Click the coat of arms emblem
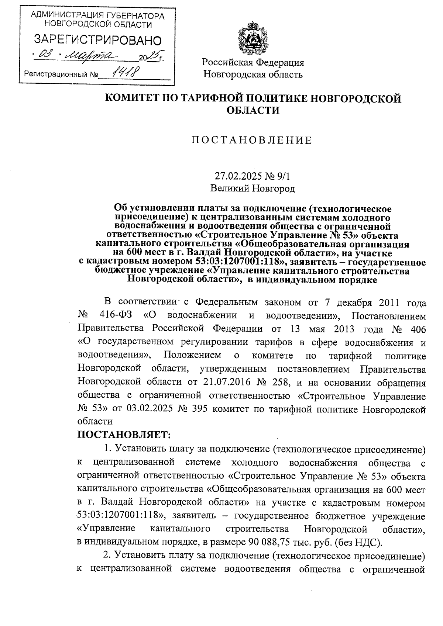[x=253, y=39]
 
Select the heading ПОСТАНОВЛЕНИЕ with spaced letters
[x=252, y=140]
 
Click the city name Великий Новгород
[x=253, y=189]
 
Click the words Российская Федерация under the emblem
[x=253, y=62]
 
